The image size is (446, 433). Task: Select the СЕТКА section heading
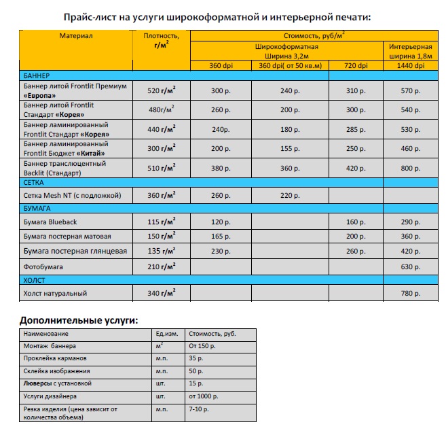pyautogui.click(x=26, y=182)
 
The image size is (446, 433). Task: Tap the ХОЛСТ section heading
pyautogui.click(x=26, y=279)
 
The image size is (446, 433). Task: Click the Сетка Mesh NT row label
pyautogui.click(x=72, y=196)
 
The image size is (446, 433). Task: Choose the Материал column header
pyautogui.click(x=76, y=35)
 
